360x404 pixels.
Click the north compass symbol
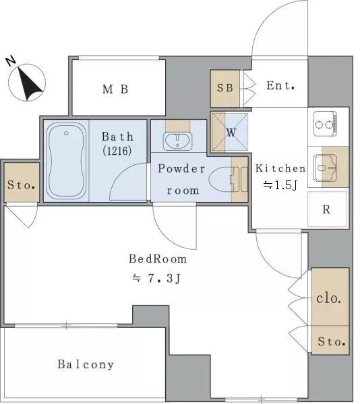tap(27, 82)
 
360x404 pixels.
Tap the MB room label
tap(115, 89)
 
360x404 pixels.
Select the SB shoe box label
tap(225, 88)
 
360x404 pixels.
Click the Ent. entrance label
tap(280, 86)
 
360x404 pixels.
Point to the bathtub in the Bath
tap(66, 161)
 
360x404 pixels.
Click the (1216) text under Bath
tap(117, 151)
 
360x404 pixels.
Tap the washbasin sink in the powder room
tap(178, 141)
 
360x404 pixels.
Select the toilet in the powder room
tap(228, 180)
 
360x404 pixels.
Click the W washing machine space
tap(230, 133)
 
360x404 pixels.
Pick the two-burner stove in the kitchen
tap(326, 124)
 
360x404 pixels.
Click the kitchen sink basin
tap(325, 168)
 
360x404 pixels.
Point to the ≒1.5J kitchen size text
tap(280, 185)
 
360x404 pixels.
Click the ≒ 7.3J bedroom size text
tap(156, 278)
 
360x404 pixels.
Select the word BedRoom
tap(158, 259)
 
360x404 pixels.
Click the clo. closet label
tap(329, 298)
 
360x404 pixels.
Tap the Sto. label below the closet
tap(332, 341)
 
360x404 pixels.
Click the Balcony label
tap(86, 364)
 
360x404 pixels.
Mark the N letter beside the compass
tap(11, 61)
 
